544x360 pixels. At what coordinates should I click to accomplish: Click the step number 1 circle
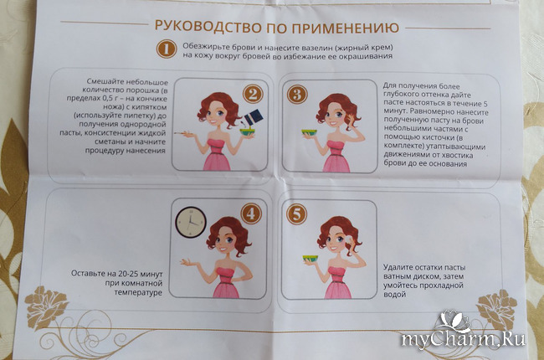pyautogui.click(x=167, y=49)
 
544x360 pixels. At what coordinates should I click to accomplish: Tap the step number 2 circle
pyautogui.click(x=253, y=95)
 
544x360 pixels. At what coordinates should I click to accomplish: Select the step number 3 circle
pyautogui.click(x=297, y=95)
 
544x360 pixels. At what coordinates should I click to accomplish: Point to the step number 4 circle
pyautogui.click(x=251, y=213)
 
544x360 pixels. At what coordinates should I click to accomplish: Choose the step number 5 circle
pyautogui.click(x=296, y=213)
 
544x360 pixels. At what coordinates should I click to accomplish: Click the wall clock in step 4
pyautogui.click(x=191, y=223)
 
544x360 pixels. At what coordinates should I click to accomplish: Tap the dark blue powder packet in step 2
pyautogui.click(x=254, y=117)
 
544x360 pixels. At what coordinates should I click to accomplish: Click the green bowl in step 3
pyautogui.click(x=310, y=133)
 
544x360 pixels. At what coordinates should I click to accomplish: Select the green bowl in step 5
pyautogui.click(x=310, y=259)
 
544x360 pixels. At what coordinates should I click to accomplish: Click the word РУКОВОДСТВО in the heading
pyautogui.click(x=207, y=27)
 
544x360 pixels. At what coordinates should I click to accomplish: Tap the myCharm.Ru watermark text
pyautogui.click(x=463, y=338)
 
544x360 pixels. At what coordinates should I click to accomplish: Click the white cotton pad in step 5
pyautogui.click(x=348, y=239)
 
